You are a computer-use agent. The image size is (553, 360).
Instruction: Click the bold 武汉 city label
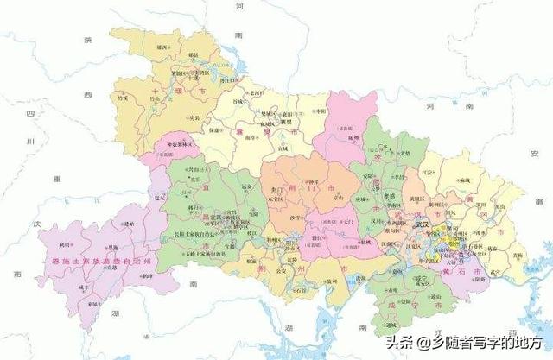(422, 224)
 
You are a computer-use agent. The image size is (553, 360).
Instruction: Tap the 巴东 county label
(158, 197)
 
